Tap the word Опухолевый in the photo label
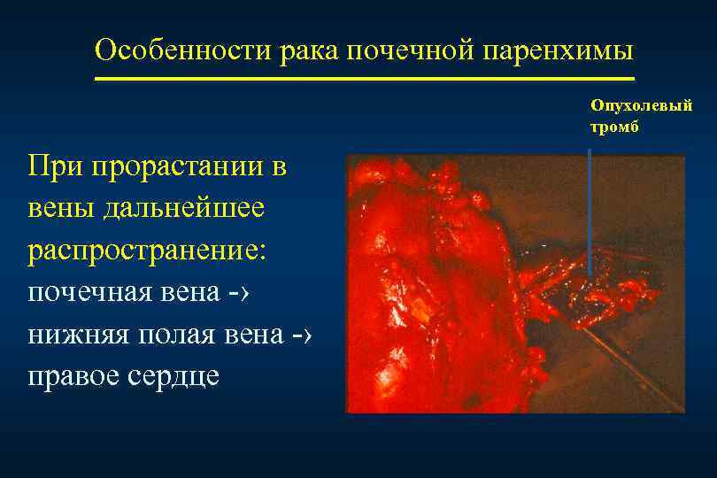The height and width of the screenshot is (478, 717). (x=642, y=106)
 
